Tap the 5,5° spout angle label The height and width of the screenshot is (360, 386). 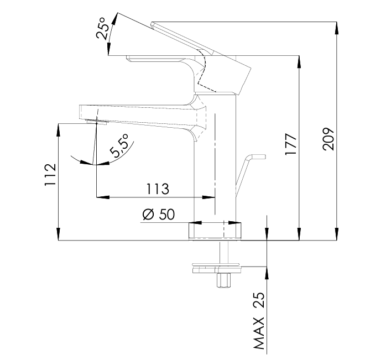119,145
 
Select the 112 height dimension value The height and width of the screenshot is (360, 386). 50,174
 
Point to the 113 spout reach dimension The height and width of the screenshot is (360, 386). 158,189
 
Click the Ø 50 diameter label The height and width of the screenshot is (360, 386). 159,214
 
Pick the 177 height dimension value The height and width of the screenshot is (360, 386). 291,144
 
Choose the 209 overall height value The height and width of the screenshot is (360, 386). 328,139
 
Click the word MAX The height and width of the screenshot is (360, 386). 259,333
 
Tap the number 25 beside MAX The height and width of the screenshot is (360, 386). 259,300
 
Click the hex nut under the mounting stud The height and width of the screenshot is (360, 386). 224,280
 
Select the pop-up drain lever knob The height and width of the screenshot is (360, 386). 258,157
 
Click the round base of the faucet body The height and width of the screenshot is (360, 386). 215,231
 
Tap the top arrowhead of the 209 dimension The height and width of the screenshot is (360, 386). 337,28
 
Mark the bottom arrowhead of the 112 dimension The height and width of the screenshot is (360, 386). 59,234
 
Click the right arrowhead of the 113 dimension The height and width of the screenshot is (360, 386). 208,197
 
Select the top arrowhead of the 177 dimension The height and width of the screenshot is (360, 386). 299,62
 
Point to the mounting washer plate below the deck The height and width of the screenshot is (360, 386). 217,268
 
